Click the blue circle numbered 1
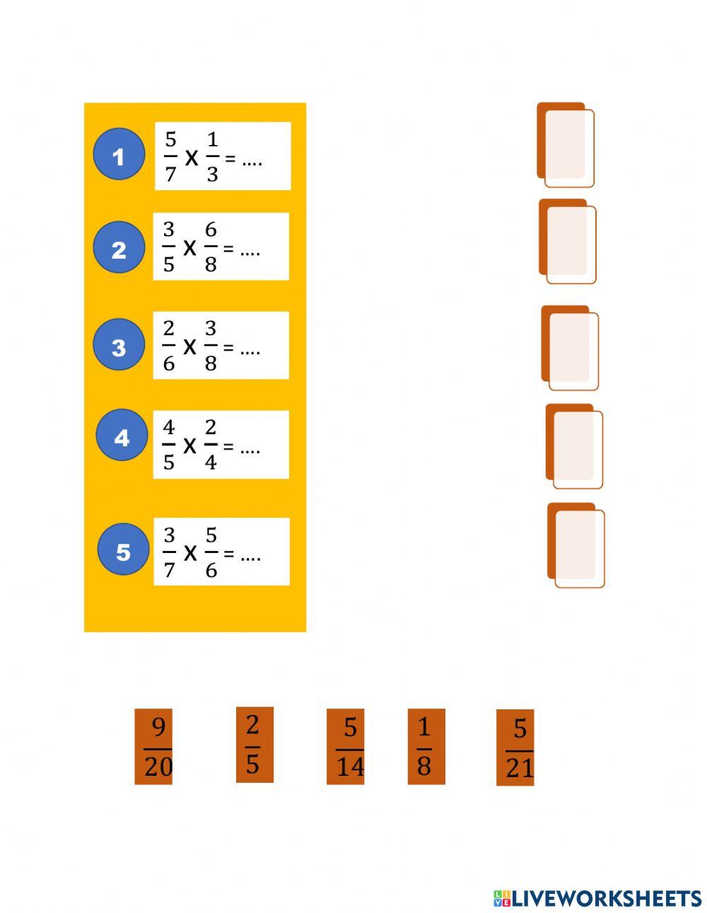119,154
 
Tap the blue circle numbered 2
119,248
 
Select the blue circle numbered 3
119,345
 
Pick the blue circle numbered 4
122,436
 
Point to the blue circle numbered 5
123,549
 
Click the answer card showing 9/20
153,747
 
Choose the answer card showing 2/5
255,745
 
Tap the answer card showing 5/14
346,747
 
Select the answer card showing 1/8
426,747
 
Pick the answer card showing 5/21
515,748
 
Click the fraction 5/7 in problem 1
170,156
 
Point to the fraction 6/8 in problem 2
211,247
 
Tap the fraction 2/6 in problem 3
169,346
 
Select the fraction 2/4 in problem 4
211,445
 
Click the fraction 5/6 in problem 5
211,552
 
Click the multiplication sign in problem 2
189,248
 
